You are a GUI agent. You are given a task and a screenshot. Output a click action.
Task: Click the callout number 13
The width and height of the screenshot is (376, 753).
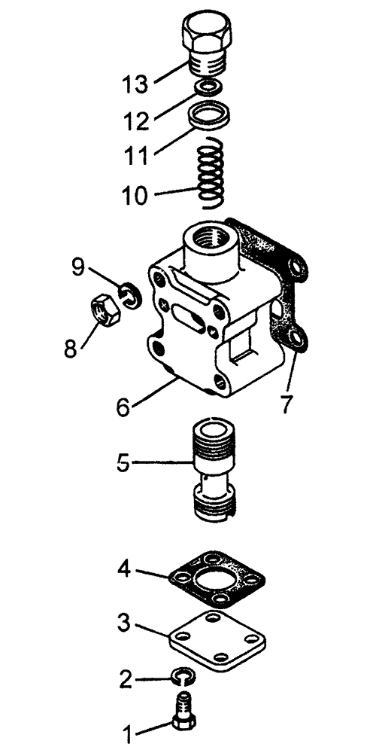(x=135, y=84)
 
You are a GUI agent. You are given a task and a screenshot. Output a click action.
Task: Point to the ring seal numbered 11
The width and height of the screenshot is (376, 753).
(x=208, y=116)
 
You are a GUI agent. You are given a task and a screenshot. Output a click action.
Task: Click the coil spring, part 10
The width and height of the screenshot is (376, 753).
(x=211, y=173)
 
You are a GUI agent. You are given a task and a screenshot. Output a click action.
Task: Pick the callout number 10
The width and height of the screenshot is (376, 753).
(x=135, y=196)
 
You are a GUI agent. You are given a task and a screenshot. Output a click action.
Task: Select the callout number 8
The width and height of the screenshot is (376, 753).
(x=71, y=349)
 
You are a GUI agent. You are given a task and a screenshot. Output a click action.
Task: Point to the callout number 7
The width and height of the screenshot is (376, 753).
(x=286, y=404)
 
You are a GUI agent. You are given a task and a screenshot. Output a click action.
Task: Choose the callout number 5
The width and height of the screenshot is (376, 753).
(x=123, y=463)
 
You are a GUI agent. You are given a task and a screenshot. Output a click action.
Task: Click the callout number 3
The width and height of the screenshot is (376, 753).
(x=124, y=623)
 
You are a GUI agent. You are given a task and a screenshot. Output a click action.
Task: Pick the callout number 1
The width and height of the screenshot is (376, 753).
(x=127, y=735)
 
